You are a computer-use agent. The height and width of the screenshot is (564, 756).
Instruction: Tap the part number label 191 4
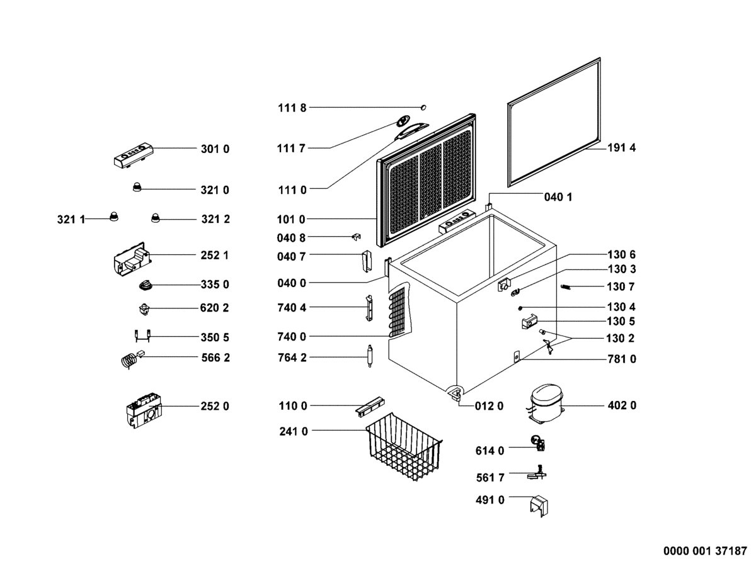pyautogui.click(x=622, y=149)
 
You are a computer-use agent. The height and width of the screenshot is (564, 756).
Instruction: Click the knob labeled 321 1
pyautogui.click(x=114, y=216)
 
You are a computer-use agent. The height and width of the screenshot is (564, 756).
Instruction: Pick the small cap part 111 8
pyautogui.click(x=425, y=106)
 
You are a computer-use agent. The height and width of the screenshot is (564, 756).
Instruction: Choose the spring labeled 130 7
pyautogui.click(x=566, y=287)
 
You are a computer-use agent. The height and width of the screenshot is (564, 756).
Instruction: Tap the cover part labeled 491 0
pyautogui.click(x=537, y=505)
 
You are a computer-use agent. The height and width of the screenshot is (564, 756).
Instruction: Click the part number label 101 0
pyautogui.click(x=291, y=220)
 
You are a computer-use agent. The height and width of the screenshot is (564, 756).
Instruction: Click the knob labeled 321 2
pyautogui.click(x=155, y=218)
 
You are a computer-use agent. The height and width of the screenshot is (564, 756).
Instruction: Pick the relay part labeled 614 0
pyautogui.click(x=537, y=443)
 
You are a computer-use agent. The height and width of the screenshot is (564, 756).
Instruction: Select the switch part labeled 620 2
pyautogui.click(x=144, y=310)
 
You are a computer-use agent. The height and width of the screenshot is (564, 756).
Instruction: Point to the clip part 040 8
pyautogui.click(x=356, y=237)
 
